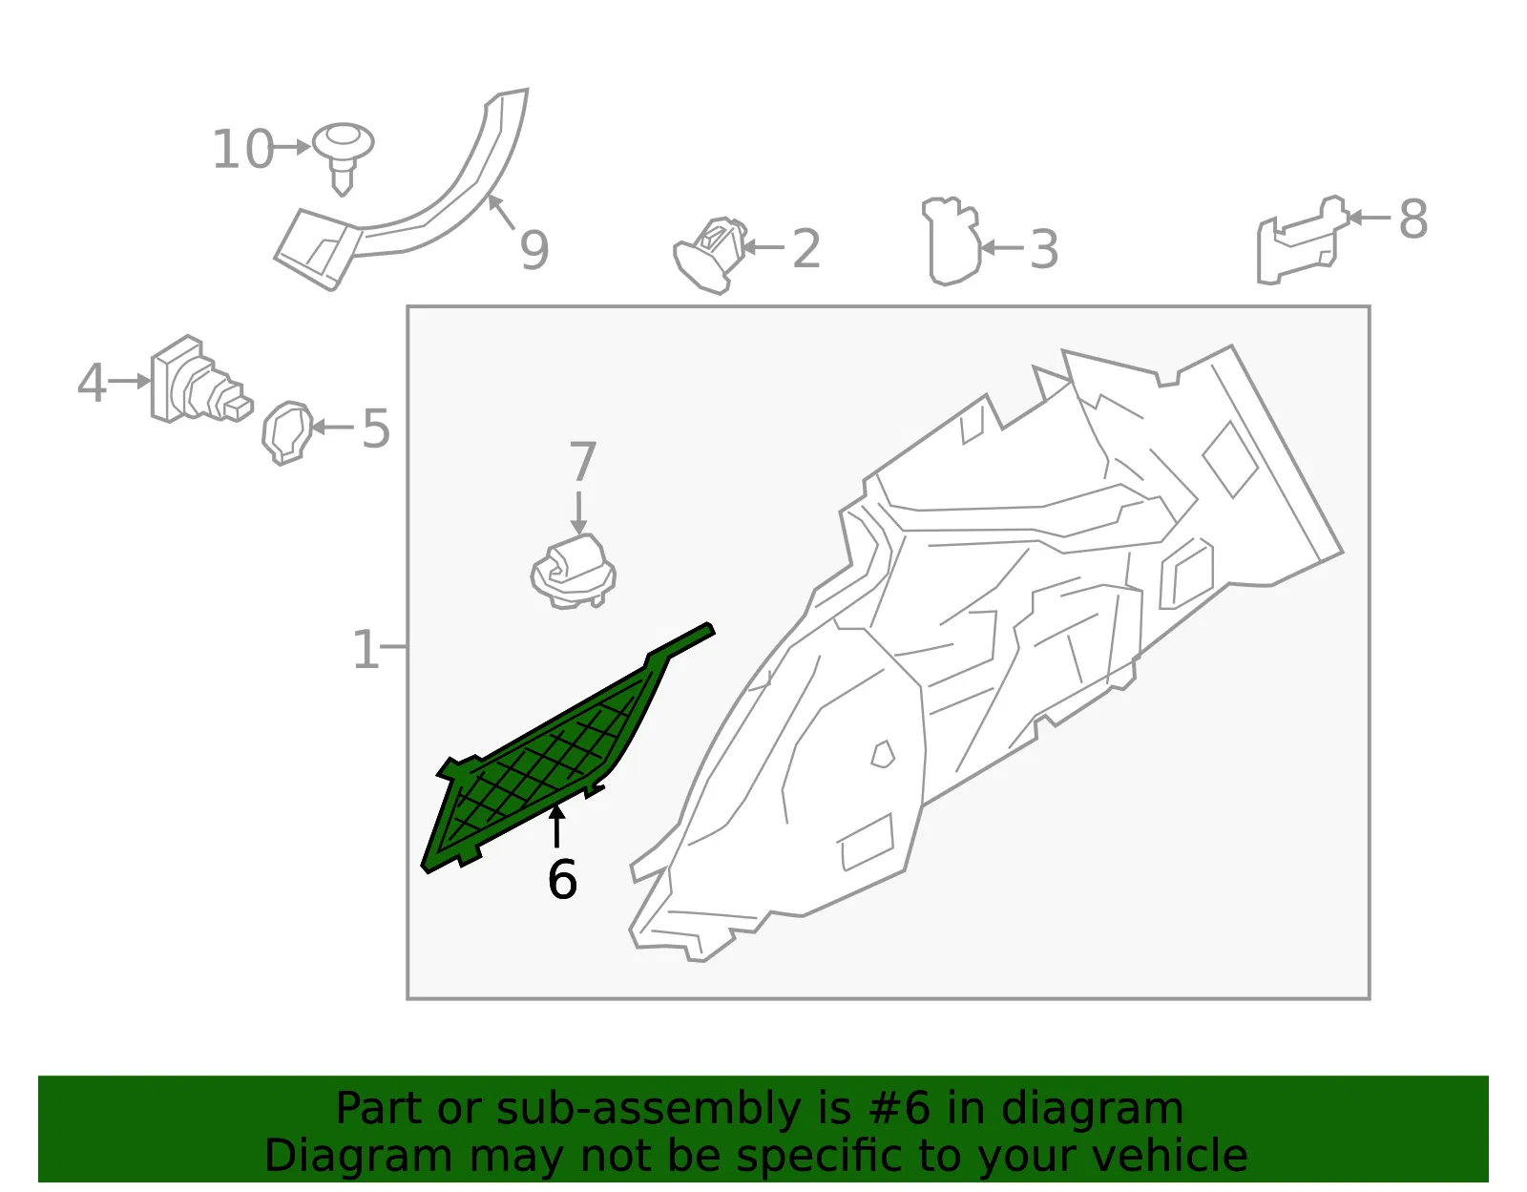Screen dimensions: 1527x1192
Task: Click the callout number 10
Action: pos(242,149)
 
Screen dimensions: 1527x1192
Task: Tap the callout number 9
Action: pos(534,249)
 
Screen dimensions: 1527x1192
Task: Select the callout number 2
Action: pos(806,248)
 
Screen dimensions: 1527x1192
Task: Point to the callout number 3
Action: pos(1043,249)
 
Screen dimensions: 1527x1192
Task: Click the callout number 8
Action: pos(1413,219)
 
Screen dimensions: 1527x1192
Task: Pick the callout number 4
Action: pos(92,383)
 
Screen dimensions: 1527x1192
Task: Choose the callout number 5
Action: pos(375,429)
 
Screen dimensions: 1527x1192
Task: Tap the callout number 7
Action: pos(582,461)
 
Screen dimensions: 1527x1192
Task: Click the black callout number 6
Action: pos(562,879)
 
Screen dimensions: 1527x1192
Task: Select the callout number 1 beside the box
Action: pos(366,649)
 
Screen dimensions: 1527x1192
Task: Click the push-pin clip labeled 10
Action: pos(343,158)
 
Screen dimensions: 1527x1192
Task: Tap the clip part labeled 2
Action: pos(710,255)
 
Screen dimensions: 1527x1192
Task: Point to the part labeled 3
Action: pos(952,240)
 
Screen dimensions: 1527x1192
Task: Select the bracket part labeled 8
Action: pos(1302,240)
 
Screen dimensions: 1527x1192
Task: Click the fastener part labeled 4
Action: pos(200,380)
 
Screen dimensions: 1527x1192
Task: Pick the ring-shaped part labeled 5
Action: pos(287,432)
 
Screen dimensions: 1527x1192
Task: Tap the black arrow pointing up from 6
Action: pos(556,826)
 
